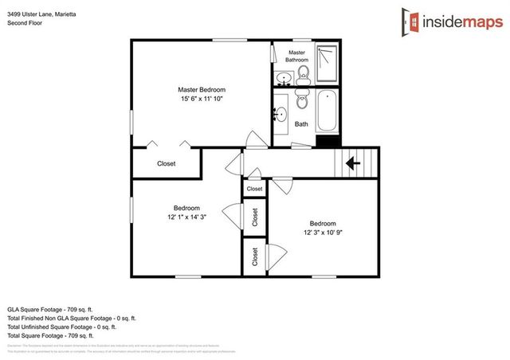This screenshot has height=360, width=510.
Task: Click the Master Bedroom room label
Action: click(x=201, y=89)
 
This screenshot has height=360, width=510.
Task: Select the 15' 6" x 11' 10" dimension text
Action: click(x=201, y=100)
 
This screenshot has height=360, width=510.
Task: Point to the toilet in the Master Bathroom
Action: click(x=303, y=76)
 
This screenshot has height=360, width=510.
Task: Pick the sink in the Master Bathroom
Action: click(x=283, y=78)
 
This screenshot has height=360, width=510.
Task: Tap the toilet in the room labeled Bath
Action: click(x=301, y=101)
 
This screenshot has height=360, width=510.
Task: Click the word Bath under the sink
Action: click(x=301, y=124)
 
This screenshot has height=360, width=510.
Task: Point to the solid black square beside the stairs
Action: click(x=327, y=142)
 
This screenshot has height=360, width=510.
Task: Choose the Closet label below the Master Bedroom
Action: click(x=166, y=163)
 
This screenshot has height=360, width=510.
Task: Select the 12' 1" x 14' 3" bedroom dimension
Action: click(x=186, y=217)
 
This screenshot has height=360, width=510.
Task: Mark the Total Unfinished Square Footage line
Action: click(x=61, y=327)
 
